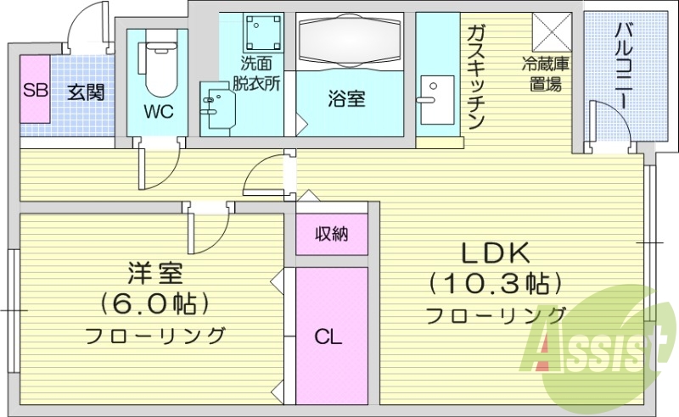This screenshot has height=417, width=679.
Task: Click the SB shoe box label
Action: coord(35,91)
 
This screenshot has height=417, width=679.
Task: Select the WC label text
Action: coord(159,112)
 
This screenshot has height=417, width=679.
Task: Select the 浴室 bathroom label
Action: coord(346,98)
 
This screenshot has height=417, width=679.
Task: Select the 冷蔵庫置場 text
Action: coord(544,74)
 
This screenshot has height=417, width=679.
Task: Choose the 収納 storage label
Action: coord(332,235)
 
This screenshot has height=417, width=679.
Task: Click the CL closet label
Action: coord(328,336)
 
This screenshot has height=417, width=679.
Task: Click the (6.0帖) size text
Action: coord(155,303)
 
